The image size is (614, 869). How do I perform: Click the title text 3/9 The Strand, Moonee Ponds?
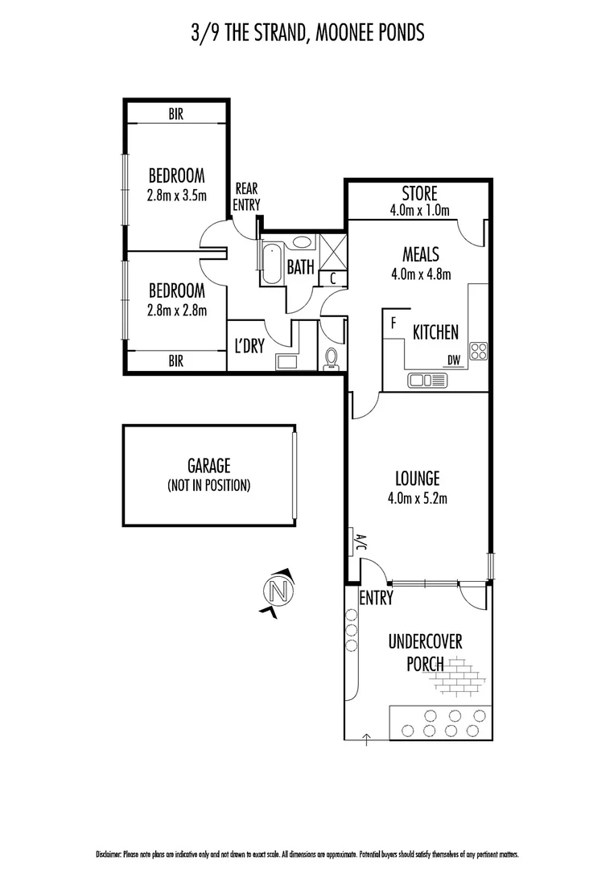[306, 33]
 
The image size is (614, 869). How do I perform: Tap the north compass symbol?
[278, 591]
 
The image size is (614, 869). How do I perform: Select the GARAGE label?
[208, 466]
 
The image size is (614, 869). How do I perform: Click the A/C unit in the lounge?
[353, 542]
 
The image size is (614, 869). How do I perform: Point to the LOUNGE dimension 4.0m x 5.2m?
[417, 498]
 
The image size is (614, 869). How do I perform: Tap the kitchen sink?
[427, 380]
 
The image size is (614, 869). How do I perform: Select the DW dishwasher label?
[455, 361]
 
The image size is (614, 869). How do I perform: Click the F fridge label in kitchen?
[393, 323]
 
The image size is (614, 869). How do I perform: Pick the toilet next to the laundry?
[331, 359]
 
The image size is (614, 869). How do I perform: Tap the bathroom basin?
[303, 241]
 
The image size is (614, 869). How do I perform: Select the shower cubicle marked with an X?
[331, 249]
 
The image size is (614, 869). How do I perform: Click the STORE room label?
[418, 193]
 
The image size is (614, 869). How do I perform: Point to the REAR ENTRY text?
[246, 197]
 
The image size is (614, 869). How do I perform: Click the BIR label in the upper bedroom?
[175, 115]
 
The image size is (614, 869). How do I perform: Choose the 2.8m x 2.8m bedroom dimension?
[175, 310]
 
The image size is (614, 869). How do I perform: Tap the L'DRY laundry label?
[250, 347]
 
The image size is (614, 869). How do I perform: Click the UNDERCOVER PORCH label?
[425, 653]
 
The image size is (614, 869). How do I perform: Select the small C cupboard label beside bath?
[333, 278]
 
